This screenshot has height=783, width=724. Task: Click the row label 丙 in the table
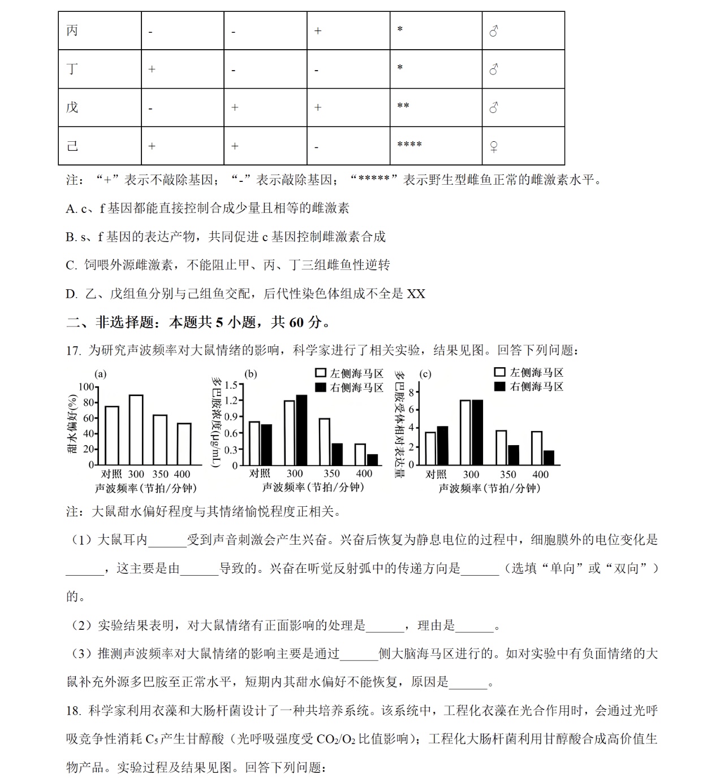click(72, 31)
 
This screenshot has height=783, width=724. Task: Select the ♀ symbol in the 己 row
click(494, 147)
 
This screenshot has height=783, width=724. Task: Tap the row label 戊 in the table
click(72, 107)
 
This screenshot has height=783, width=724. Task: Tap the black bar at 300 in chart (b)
click(301, 429)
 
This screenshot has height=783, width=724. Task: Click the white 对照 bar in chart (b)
click(255, 443)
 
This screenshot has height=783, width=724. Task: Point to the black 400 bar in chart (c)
click(548, 458)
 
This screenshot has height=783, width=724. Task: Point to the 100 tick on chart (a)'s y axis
click(86, 387)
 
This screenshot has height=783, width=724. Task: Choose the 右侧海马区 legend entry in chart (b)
click(350, 388)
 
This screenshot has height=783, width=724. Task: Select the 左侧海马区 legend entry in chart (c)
click(529, 372)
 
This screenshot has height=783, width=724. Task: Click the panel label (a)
click(100, 374)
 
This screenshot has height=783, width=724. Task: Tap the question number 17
click(73, 351)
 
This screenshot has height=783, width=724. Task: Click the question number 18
click(73, 711)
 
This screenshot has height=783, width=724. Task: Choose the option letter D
click(71, 294)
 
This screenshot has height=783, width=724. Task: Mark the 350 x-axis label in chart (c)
click(508, 475)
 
